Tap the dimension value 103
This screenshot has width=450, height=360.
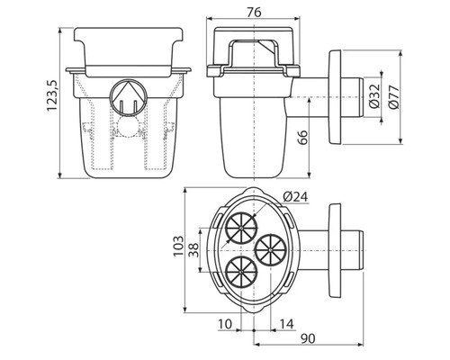(177, 245)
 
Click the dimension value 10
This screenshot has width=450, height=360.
(224, 322)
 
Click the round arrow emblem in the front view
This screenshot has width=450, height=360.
(126, 100)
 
